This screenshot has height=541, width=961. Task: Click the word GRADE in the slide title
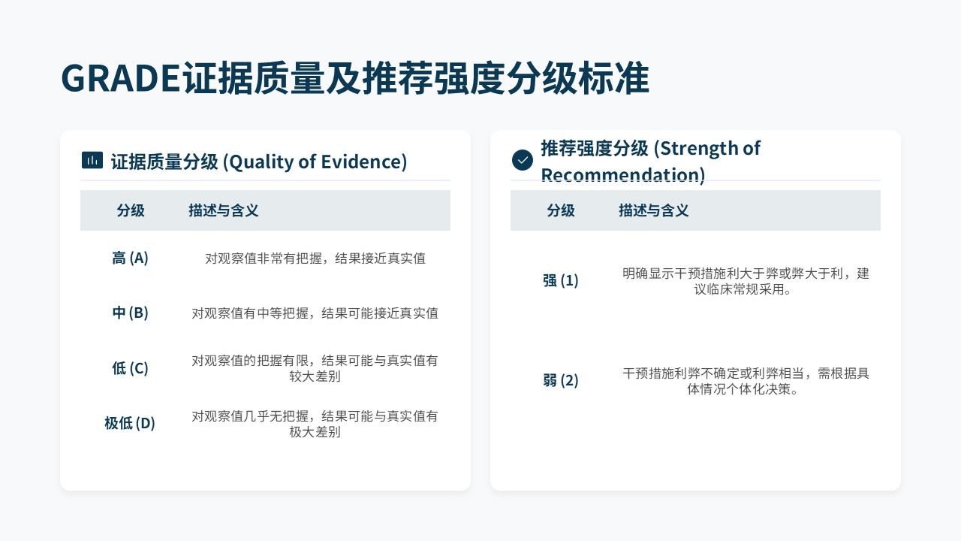[121, 78]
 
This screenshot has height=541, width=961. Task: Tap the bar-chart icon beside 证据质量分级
[92, 161]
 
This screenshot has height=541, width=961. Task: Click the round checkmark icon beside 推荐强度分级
[523, 160]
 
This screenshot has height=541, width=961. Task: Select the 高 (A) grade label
[130, 258]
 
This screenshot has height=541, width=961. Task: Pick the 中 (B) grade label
[130, 313]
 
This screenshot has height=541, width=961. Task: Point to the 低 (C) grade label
[130, 368]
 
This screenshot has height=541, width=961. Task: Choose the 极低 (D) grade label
[130, 423]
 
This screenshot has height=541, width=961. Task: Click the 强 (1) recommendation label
[560, 281]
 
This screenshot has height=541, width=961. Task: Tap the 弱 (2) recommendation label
[560, 380]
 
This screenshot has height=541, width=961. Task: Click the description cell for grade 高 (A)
[315, 258]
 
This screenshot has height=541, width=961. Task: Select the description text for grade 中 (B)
[315, 313]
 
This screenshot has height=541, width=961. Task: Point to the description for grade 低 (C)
[315, 368]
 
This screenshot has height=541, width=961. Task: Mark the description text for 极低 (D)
[315, 424]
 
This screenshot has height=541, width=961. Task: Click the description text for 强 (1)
[746, 281]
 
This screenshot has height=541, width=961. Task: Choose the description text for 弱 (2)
[746, 381]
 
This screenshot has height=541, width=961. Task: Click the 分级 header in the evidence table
[131, 210]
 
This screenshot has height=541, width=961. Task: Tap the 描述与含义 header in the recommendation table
[653, 210]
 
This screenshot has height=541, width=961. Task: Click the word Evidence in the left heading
[361, 162]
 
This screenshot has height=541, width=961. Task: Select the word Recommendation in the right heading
[621, 175]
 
